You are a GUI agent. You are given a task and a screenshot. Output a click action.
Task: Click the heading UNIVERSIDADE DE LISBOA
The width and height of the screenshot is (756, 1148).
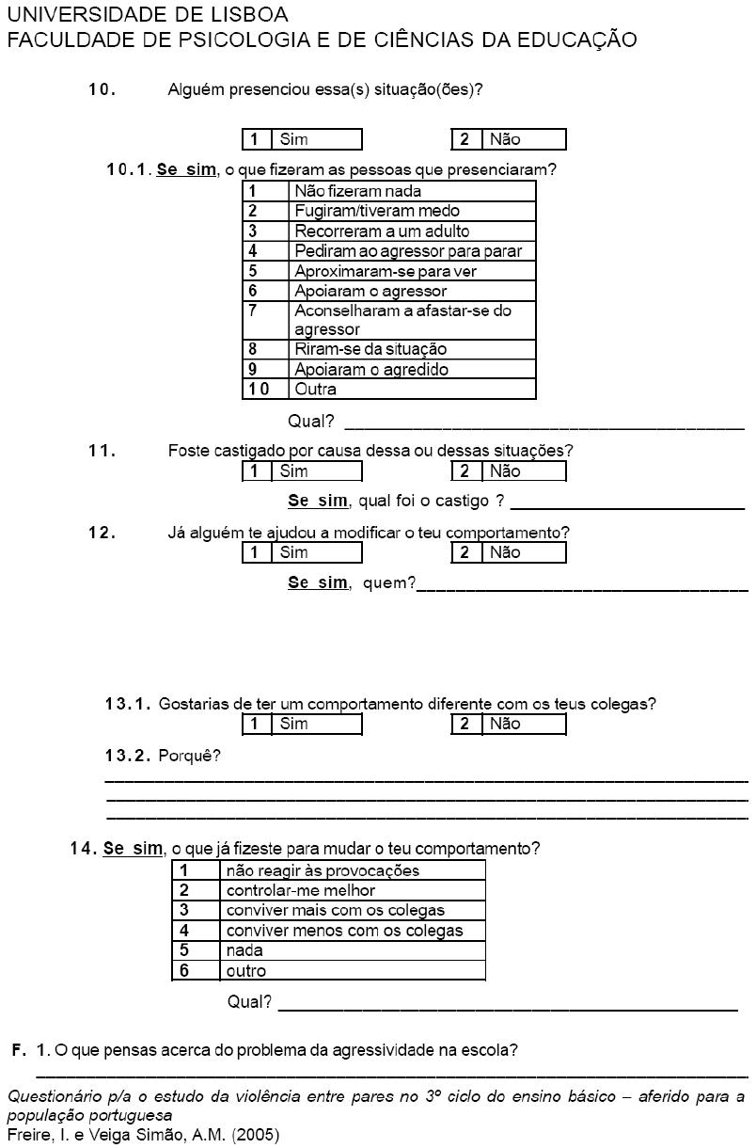[x=148, y=14]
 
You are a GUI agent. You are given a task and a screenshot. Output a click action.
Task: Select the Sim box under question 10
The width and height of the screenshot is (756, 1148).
[x=302, y=139]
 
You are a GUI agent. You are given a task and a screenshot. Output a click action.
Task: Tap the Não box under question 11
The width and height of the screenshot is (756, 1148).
[x=509, y=471]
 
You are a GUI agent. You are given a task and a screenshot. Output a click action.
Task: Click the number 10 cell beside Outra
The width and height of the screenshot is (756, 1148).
[x=265, y=389]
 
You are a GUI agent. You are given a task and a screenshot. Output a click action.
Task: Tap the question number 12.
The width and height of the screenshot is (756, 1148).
[x=102, y=533]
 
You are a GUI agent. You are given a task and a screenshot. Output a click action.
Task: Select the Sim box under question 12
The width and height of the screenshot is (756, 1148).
[x=302, y=552]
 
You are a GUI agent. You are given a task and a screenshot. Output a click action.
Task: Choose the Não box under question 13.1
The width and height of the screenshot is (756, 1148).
[x=509, y=725]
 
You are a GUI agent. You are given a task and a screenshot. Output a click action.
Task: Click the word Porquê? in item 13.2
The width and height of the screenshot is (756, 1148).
[x=190, y=756]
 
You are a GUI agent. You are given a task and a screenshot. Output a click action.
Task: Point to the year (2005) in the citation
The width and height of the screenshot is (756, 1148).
[x=256, y=1135]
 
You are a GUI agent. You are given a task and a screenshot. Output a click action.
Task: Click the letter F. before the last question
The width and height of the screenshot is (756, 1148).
[x=19, y=1050]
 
